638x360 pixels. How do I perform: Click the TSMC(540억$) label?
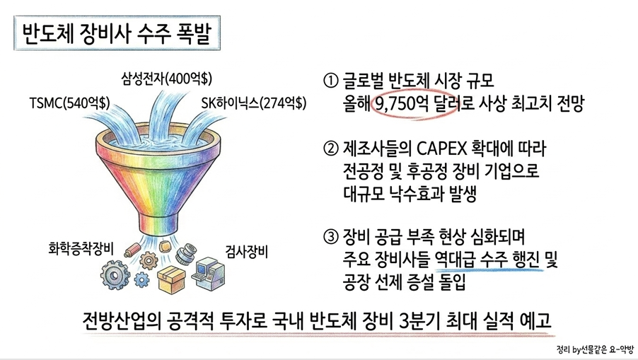[69, 103]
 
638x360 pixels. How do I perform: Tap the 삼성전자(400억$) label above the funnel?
[166, 78]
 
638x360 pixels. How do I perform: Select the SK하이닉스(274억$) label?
[253, 103]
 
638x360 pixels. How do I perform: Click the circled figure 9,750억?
[402, 104]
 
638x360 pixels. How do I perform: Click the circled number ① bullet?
[330, 81]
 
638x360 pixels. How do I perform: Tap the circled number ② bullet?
[330, 149]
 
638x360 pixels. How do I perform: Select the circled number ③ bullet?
[330, 237]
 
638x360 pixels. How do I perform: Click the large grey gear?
[115, 275]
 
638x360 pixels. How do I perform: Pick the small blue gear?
[141, 280]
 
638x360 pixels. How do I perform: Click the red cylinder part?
[132, 249]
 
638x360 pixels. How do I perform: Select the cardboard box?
[171, 279]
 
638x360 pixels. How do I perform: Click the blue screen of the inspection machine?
[202, 268]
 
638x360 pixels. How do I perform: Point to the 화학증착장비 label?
[81, 248]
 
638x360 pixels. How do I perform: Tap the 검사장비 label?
[247, 252]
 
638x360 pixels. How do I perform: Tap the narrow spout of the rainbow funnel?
[158, 224]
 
